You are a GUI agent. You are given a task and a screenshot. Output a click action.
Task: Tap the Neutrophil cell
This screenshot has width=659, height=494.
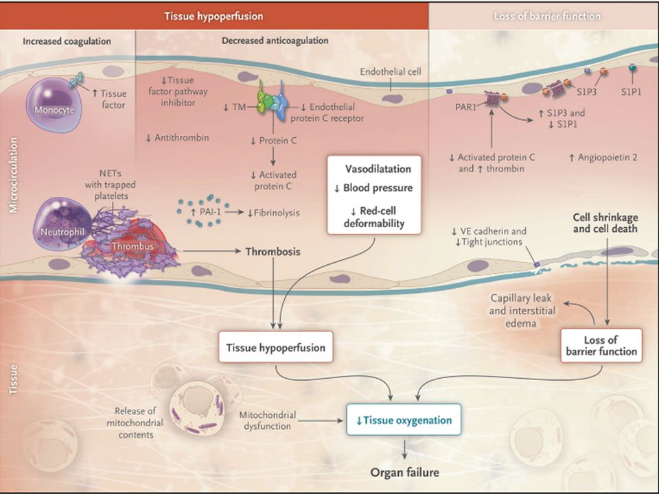(62, 224)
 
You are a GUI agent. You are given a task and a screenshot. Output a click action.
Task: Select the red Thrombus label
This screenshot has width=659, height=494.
(132, 246)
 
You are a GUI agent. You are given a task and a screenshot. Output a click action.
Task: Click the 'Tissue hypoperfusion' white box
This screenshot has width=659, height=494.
(276, 347)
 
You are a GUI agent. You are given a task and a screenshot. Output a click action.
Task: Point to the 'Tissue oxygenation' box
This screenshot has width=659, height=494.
(404, 420)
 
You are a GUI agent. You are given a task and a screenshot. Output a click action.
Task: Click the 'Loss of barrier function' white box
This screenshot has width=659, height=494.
(601, 345)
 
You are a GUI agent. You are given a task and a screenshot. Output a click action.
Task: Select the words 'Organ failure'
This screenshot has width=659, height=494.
(405, 473)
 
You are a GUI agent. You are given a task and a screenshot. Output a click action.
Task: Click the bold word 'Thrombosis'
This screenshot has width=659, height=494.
(273, 252)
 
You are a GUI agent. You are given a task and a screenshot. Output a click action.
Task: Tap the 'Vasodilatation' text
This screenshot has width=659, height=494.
(378, 169)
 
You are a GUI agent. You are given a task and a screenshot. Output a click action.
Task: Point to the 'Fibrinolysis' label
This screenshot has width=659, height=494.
(274, 213)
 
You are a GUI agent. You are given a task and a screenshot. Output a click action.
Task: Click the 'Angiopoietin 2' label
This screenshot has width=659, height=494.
(603, 158)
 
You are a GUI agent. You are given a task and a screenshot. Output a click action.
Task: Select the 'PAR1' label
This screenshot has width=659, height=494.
(465, 107)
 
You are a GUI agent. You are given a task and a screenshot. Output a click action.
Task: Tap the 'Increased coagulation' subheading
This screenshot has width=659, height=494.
(67, 41)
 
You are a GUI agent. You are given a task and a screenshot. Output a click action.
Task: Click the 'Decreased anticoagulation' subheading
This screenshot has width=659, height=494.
(275, 40)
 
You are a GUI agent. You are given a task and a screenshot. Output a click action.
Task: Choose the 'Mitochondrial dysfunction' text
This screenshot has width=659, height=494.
(267, 421)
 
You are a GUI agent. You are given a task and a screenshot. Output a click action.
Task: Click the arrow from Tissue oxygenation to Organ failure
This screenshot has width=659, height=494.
(404, 449)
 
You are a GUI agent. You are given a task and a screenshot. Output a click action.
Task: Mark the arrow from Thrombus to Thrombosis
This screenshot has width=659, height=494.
(212, 251)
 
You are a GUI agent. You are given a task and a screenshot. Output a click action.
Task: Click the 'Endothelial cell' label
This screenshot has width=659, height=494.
(391, 72)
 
